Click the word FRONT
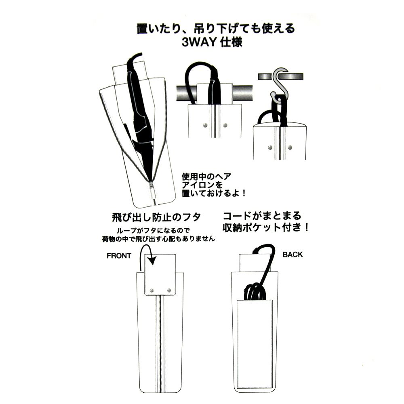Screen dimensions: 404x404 (x=119, y=256)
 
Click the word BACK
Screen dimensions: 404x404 (x=292, y=255)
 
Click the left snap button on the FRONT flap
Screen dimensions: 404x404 (x=151, y=290)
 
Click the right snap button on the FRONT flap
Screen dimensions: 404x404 (x=169, y=290)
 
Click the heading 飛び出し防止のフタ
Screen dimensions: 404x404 (x=156, y=217)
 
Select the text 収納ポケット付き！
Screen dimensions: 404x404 (x=265, y=227)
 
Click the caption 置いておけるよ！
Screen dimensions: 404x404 (x=214, y=193)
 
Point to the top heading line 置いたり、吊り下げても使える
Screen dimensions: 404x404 (x=216, y=28)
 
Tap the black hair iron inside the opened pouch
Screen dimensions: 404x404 (x=139, y=108)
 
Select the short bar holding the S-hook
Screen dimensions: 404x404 (x=281, y=76)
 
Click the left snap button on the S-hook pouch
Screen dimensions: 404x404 (x=270, y=147)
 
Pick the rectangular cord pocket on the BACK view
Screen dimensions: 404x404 (x=255, y=344)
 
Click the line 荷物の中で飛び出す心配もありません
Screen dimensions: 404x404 (x=158, y=239)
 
